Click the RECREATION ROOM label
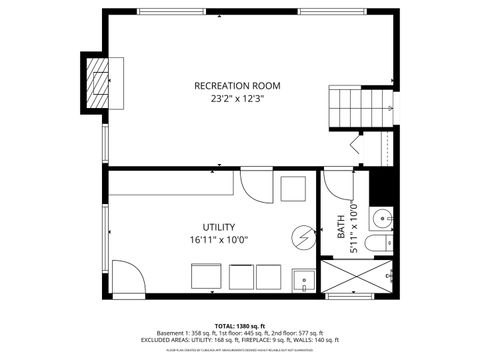(237, 86)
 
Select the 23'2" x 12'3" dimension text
(237, 99)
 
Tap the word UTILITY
(218, 227)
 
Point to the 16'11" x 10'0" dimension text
(218, 240)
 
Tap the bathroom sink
(382, 218)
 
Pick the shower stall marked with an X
(357, 277)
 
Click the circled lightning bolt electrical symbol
(301, 237)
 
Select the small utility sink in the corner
(302, 280)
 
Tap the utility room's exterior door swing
(126, 278)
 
